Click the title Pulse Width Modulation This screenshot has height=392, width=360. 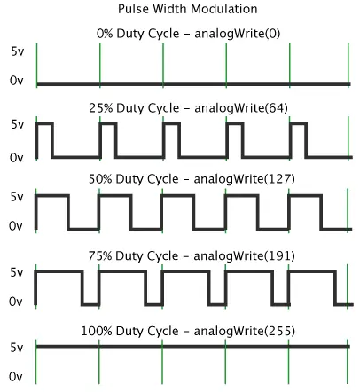pyautogui.click(x=188, y=9)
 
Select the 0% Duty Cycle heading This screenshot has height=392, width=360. pyautogui.click(x=138, y=34)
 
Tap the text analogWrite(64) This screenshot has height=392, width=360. pyautogui.click(x=241, y=108)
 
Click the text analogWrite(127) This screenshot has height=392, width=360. pyautogui.click(x=245, y=179)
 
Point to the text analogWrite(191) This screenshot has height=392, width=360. pyautogui.click(x=245, y=255)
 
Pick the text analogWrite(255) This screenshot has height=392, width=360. pyautogui.click(x=245, y=331)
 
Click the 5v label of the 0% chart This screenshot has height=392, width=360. pyautogui.click(x=18, y=51)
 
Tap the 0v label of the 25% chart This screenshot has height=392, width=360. pyautogui.click(x=17, y=158)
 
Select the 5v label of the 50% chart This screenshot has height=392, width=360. pyautogui.click(x=17, y=197)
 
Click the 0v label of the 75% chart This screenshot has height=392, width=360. pyautogui.click(x=16, y=302)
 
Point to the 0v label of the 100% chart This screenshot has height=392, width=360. pyautogui.click(x=16, y=377)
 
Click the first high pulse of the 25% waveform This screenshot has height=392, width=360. pyautogui.click(x=44, y=123)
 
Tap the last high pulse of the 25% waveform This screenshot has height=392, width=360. pyautogui.click(x=298, y=123)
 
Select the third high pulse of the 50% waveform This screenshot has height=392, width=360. pyautogui.click(x=177, y=196)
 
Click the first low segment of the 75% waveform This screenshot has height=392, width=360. pyautogui.click(x=90, y=304)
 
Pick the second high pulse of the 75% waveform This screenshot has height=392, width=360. pyautogui.click(x=122, y=271)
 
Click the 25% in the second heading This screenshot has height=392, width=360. pyautogui.click(x=101, y=108)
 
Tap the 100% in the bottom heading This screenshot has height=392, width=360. pyautogui.click(x=97, y=331)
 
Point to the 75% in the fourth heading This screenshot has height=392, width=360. pyautogui.click(x=100, y=255)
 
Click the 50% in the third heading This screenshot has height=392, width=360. pyautogui.click(x=100, y=179)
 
